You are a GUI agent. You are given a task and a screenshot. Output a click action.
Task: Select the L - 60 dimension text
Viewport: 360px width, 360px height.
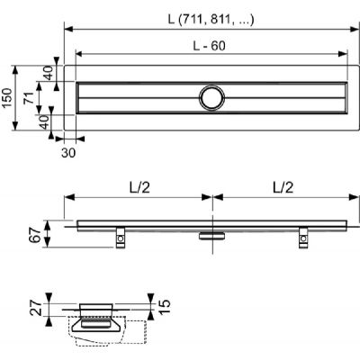pyautogui.click(x=212, y=45)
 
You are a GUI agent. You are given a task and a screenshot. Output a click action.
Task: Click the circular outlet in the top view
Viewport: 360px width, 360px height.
pyautogui.click(x=213, y=96)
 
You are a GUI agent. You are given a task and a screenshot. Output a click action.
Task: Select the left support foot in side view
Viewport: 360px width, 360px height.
pyautogui.click(x=120, y=236)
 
